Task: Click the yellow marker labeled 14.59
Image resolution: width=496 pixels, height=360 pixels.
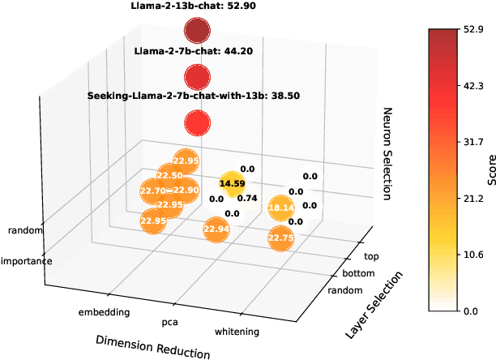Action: click(x=232, y=184)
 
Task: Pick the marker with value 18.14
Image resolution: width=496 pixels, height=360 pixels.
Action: click(x=280, y=208)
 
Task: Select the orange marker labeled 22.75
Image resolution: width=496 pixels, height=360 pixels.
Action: click(x=280, y=238)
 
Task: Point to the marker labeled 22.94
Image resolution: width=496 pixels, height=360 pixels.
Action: click(x=216, y=230)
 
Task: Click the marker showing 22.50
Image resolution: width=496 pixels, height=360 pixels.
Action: click(x=170, y=176)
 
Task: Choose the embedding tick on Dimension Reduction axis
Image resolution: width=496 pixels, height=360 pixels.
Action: click(x=104, y=312)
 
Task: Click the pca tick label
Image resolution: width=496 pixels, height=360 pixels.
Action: click(x=170, y=323)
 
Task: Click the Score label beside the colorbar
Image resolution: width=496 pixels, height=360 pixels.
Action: click(x=490, y=169)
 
